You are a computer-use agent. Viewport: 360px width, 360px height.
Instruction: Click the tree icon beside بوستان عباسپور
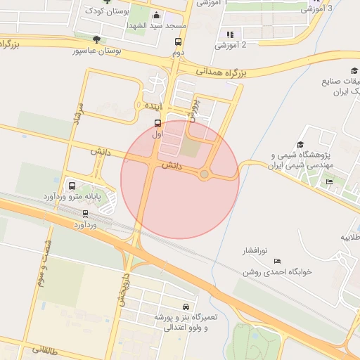pyautogui.click(x=96, y=39)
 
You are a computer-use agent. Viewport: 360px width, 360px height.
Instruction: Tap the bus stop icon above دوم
pyautogui.click(x=178, y=42)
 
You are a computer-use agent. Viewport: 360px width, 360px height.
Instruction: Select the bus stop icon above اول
pyautogui.click(x=156, y=122)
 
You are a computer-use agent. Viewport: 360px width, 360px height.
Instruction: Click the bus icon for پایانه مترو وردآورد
pyautogui.click(x=72, y=186)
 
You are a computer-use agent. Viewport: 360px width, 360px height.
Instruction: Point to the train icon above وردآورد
pyautogui.click(x=86, y=213)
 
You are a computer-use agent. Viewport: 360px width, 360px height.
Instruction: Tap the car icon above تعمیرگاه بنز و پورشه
pyautogui.click(x=186, y=307)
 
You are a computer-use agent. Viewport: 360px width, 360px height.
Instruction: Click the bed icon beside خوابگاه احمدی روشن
pyautogui.click(x=276, y=261)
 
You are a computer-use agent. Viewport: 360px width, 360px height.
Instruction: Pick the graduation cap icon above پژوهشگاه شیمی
pyautogui.click(x=302, y=144)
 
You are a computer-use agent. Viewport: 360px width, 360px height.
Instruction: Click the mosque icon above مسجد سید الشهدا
pyautogui.click(x=156, y=15)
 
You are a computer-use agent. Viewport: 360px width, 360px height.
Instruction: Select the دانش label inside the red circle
pyautogui.click(x=172, y=167)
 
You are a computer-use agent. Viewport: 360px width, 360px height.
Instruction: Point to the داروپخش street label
pyautogui.click(x=124, y=289)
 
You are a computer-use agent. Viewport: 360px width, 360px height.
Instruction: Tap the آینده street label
pyautogui.click(x=153, y=105)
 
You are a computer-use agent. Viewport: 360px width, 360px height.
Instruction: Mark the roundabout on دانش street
pyautogui.click(x=205, y=174)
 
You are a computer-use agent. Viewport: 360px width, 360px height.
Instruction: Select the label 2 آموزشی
pyautogui.click(x=234, y=46)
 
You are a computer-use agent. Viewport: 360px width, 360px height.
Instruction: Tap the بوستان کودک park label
pyautogui.click(x=106, y=11)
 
